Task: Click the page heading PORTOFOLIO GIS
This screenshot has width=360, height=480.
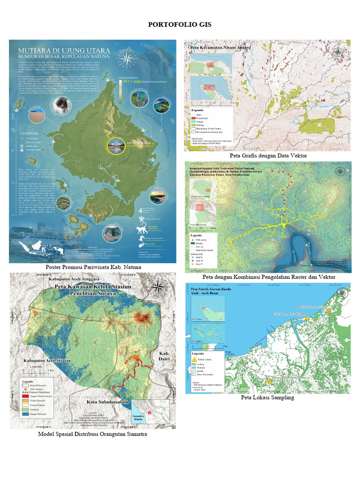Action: pyautogui.click(x=180, y=24)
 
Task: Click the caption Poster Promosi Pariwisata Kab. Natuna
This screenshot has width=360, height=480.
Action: pyautogui.click(x=93, y=267)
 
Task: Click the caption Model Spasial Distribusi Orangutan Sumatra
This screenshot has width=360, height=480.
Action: pyautogui.click(x=92, y=434)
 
